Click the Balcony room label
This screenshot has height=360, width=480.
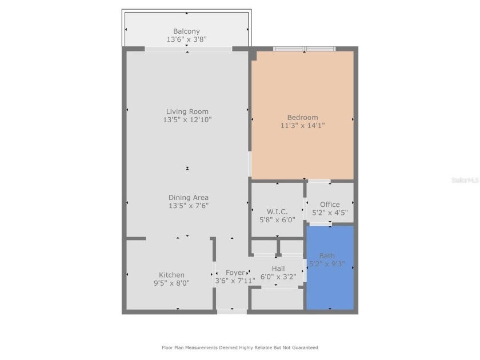(187, 31)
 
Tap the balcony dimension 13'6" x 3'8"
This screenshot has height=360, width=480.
(187, 40)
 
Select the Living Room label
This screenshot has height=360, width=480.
(187, 111)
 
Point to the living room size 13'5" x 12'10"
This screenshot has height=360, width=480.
(187, 120)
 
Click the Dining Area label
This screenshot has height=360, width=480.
(188, 198)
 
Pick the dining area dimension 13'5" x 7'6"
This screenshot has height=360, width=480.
(188, 206)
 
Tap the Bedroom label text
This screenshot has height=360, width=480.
(303, 117)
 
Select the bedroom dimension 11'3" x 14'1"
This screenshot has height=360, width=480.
(303, 126)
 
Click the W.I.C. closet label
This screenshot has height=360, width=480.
(277, 211)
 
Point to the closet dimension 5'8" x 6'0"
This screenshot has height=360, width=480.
(277, 219)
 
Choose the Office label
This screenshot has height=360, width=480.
(330, 204)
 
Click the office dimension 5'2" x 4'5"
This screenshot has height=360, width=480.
(330, 212)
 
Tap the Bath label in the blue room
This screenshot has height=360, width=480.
(327, 255)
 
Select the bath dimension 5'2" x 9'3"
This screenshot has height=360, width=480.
(327, 264)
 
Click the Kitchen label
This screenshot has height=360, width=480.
(171, 275)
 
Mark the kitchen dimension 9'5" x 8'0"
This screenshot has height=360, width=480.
(171, 283)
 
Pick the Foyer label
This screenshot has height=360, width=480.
(235, 273)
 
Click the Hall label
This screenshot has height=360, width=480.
(278, 269)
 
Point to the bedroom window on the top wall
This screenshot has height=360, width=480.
(304, 49)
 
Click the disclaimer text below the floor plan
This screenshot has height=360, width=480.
(240, 347)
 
